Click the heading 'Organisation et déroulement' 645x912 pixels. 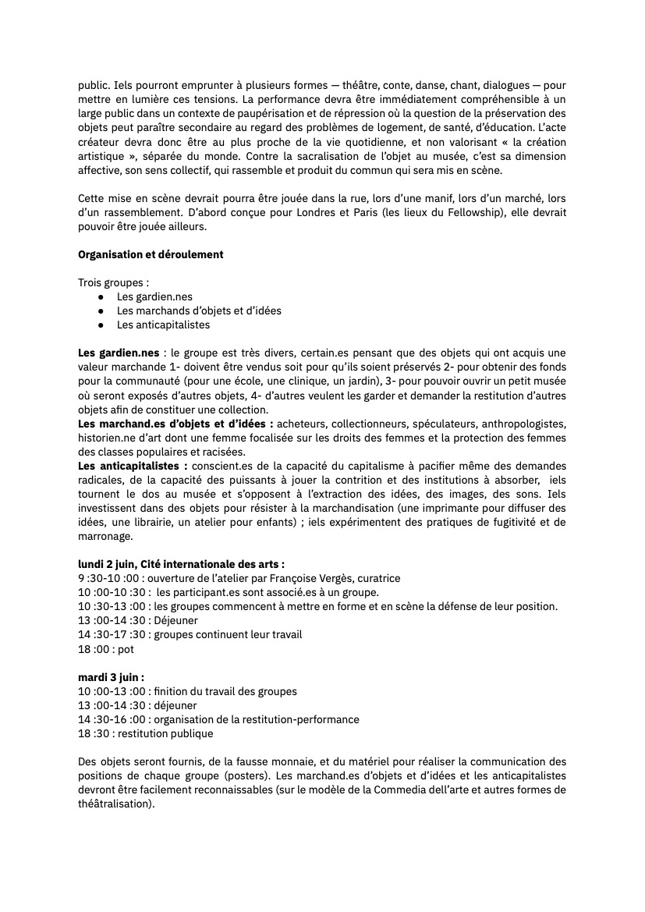pyautogui.click(x=151, y=255)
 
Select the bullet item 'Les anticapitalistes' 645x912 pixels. pyautogui.click(x=163, y=325)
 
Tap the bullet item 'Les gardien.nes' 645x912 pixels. pyautogui.click(x=154, y=296)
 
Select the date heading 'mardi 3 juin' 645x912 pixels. pyautogui.click(x=110, y=677)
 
